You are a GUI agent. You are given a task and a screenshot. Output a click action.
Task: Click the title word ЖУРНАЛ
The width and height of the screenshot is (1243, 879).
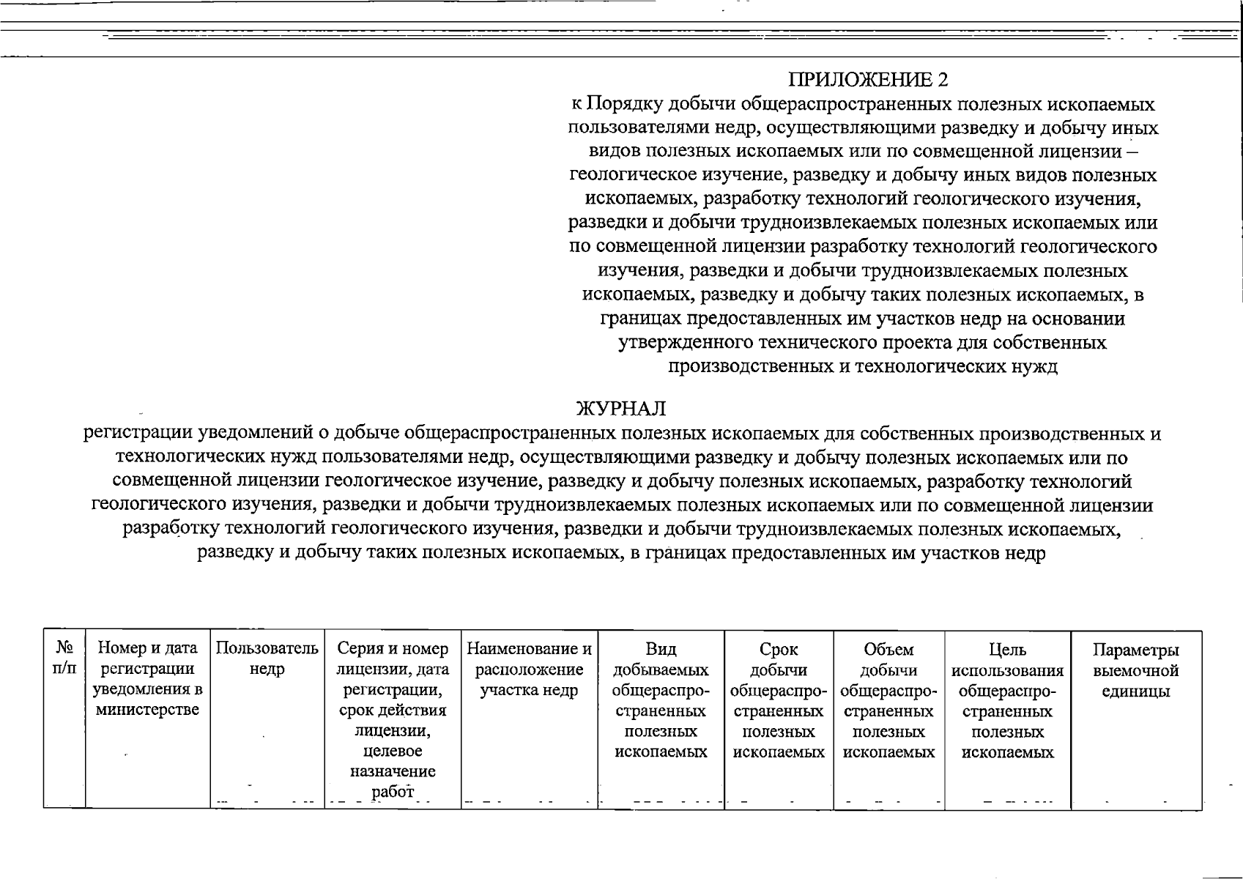[x=621, y=409]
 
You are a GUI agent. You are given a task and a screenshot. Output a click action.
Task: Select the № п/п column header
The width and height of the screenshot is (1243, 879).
[x=64, y=659]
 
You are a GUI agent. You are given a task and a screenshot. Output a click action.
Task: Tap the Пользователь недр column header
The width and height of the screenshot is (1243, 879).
[x=267, y=659]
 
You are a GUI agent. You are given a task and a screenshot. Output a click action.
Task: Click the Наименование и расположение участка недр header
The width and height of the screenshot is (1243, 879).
[x=529, y=669]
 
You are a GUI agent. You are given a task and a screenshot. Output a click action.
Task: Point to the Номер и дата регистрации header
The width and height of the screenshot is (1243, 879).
[x=147, y=659]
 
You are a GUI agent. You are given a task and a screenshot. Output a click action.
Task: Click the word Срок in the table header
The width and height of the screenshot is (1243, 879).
[x=778, y=649]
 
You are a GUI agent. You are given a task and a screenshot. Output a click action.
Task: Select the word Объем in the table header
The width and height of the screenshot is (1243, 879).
[x=888, y=649]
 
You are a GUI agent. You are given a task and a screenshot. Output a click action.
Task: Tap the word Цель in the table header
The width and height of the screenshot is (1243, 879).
[x=1007, y=649]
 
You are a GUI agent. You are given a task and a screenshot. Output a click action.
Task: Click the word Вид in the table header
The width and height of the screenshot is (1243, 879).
[x=661, y=649]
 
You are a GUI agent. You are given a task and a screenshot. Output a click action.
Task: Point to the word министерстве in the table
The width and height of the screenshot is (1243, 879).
[x=147, y=710]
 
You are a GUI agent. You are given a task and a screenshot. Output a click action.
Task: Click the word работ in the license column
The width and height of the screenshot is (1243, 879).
[x=393, y=791]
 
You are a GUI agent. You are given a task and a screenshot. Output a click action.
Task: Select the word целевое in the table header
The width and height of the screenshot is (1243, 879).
[x=393, y=751]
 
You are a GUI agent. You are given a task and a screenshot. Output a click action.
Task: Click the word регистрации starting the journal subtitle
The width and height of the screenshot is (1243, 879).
[x=137, y=434]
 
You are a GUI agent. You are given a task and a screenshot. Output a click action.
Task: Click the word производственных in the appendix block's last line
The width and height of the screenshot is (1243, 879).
[x=749, y=367]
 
